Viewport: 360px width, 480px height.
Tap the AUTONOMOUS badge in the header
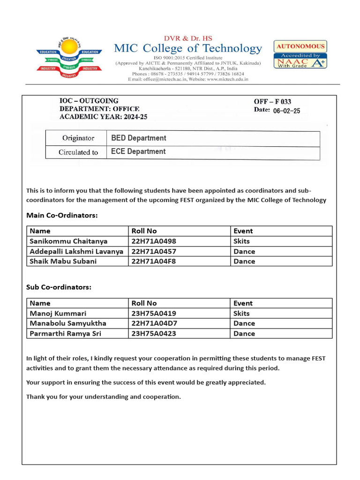pyautogui.click(x=300, y=46)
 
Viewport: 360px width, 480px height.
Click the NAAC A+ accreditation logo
pyautogui.click(x=300, y=62)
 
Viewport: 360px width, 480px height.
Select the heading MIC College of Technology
pyautogui.click(x=188, y=48)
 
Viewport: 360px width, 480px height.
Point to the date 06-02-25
pyautogui.click(x=286, y=111)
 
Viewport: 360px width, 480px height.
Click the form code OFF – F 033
pyautogui.click(x=272, y=101)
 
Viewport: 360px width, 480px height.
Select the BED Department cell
pyautogui.click(x=139, y=138)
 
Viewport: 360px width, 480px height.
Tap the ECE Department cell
pyautogui.click(x=138, y=152)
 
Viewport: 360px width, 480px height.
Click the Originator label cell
pyautogui.click(x=78, y=138)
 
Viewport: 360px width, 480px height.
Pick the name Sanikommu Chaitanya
pyautogui.click(x=68, y=241)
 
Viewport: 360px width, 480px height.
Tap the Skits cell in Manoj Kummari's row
pyautogui.click(x=241, y=313)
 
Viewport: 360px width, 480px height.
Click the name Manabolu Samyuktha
pyautogui.click(x=68, y=323)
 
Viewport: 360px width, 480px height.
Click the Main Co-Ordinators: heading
pyautogui.click(x=62, y=216)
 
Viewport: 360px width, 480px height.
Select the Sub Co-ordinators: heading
pyautogui.click(x=59, y=287)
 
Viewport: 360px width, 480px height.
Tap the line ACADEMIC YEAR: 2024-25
pyautogui.click(x=103, y=117)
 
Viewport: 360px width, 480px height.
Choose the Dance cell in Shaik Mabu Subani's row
pyautogui.click(x=244, y=261)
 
